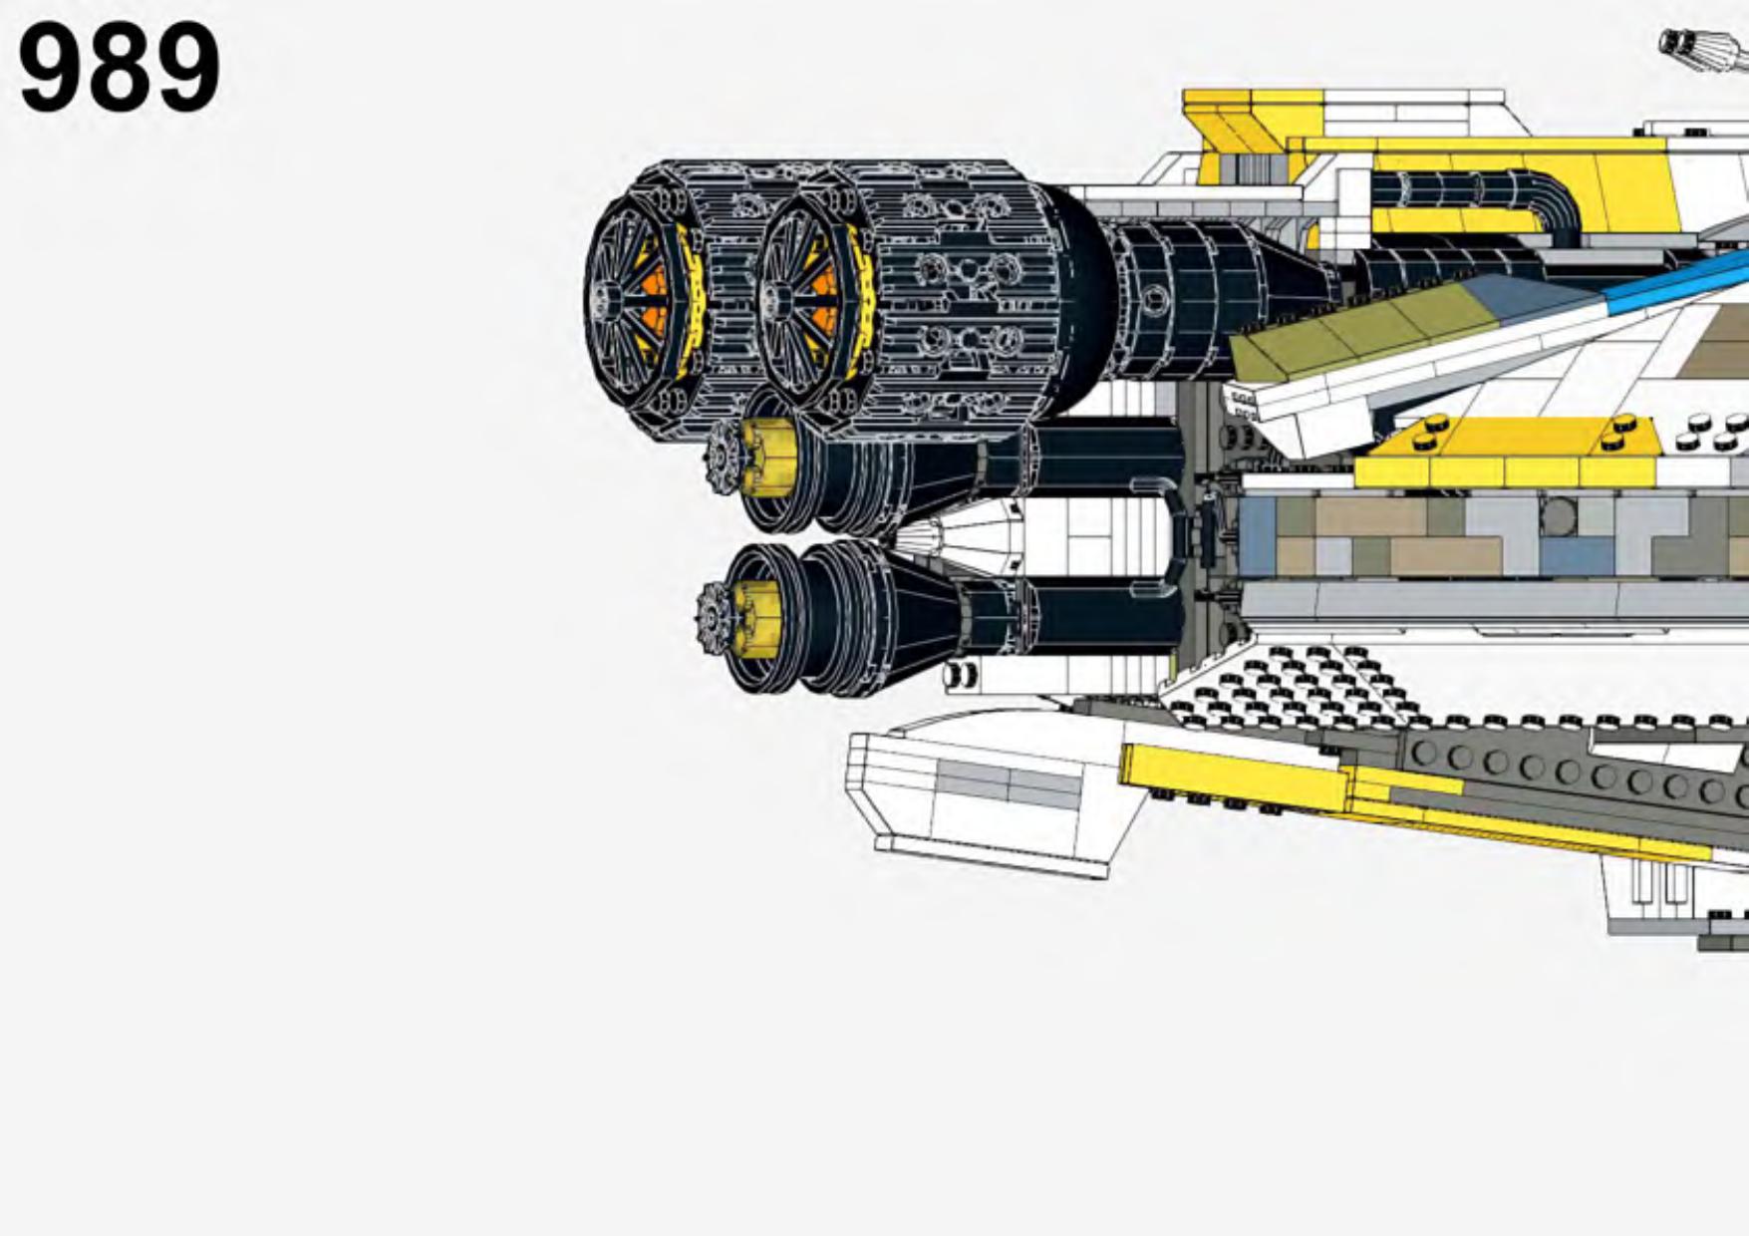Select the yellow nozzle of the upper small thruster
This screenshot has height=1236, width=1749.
[x=768, y=458]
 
